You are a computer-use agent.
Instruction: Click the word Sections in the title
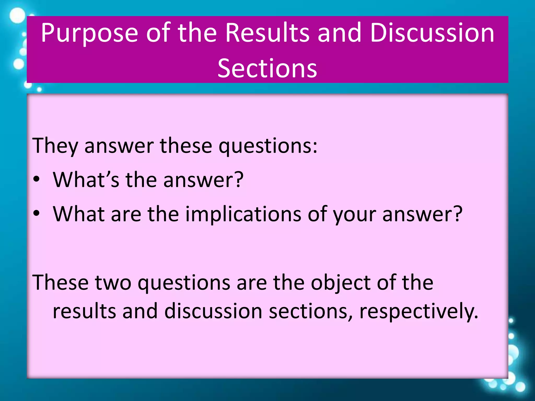pos(267,68)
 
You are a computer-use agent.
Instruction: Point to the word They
pos(55,146)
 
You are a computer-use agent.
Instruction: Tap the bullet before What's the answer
pos(37,179)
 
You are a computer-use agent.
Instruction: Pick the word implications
pos(243,214)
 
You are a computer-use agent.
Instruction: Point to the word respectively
pos(419,311)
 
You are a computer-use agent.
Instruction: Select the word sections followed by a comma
pos(310,311)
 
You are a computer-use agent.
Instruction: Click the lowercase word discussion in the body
pos(213,311)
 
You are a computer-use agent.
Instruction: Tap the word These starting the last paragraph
pos(60,282)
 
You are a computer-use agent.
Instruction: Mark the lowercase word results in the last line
pos(84,311)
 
